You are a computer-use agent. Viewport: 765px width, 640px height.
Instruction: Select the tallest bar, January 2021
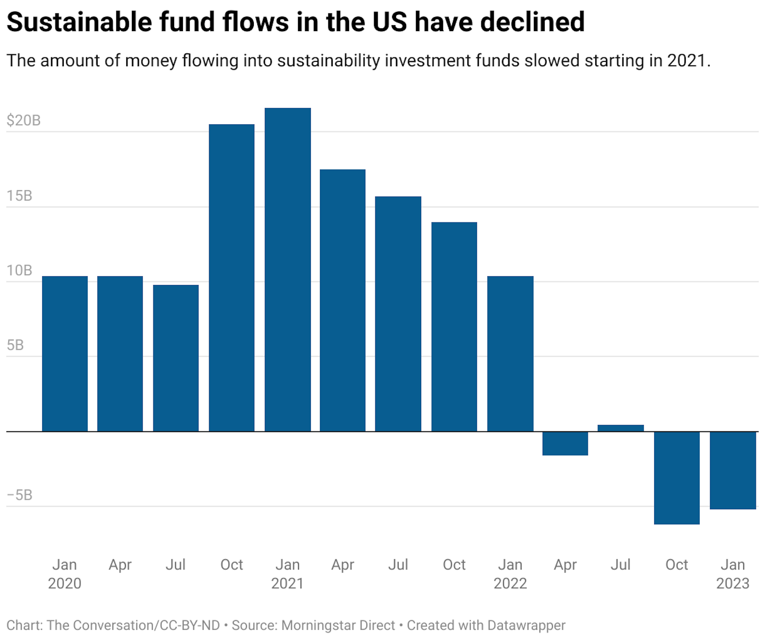point(288,270)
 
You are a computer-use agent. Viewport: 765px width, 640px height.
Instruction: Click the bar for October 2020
point(231,278)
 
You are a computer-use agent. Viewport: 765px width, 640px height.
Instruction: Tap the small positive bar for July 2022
point(620,428)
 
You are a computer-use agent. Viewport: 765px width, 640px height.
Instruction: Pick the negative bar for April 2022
point(565,443)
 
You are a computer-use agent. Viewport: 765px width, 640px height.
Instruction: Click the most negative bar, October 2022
point(677,477)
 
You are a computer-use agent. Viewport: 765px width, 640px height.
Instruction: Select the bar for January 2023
point(732,470)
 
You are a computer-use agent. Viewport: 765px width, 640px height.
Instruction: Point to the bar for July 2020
point(176,358)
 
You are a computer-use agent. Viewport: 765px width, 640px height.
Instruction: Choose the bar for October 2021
point(454,327)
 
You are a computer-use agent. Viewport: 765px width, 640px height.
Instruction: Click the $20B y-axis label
point(24,120)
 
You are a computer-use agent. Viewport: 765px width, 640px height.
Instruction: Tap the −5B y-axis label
point(20,495)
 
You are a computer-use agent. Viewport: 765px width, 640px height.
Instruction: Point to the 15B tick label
point(19,195)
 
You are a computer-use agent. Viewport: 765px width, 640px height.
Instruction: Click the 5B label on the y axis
point(15,345)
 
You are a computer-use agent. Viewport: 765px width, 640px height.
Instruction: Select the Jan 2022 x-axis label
point(510,574)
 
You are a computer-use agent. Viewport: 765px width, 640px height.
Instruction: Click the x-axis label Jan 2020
point(65,574)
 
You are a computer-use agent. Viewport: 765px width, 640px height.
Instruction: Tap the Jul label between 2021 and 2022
point(398,565)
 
